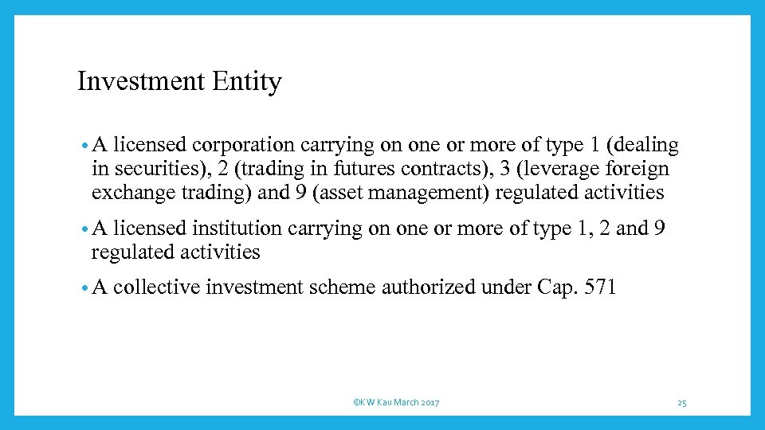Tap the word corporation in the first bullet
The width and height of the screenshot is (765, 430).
pos(243,146)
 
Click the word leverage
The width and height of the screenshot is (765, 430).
pos(562,170)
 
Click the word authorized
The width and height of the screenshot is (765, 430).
pos(428,287)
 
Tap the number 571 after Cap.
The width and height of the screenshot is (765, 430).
pos(600,287)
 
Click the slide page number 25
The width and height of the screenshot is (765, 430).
pos(682,403)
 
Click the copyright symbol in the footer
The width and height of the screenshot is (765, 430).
pos(355,403)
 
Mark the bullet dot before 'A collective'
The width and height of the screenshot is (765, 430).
pos(84,288)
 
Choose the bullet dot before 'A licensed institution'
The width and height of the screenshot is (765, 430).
pos(84,230)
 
